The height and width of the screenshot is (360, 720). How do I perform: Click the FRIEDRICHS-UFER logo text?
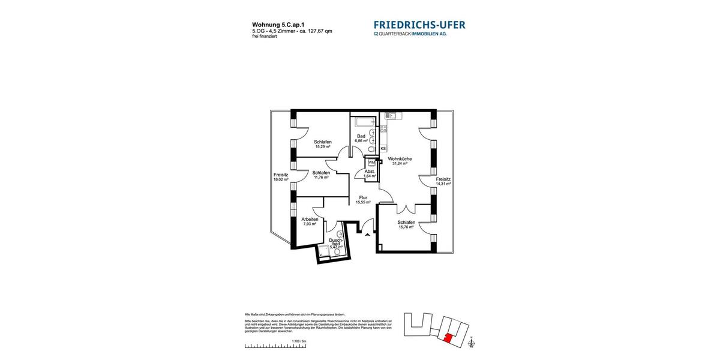tap(419, 25)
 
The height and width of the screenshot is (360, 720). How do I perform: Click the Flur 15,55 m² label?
tap(363, 200)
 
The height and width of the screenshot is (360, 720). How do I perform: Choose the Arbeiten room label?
tap(310, 221)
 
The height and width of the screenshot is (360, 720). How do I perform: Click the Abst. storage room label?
tap(370, 173)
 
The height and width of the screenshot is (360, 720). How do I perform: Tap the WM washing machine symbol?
tap(371, 162)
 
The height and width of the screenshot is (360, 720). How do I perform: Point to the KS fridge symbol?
tap(383, 148)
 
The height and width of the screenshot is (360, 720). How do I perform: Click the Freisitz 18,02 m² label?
tap(281, 177)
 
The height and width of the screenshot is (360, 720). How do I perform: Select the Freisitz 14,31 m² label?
tap(443, 181)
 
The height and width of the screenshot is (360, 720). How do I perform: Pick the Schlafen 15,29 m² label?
tap(323, 144)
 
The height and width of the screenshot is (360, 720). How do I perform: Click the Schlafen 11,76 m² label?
tap(320, 175)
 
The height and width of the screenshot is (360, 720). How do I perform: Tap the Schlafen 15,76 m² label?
tap(406, 224)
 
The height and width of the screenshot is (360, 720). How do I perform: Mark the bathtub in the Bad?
tap(362, 123)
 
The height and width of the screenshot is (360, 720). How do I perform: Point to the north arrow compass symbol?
tap(472, 343)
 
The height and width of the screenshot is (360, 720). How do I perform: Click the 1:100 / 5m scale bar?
tap(275, 346)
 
